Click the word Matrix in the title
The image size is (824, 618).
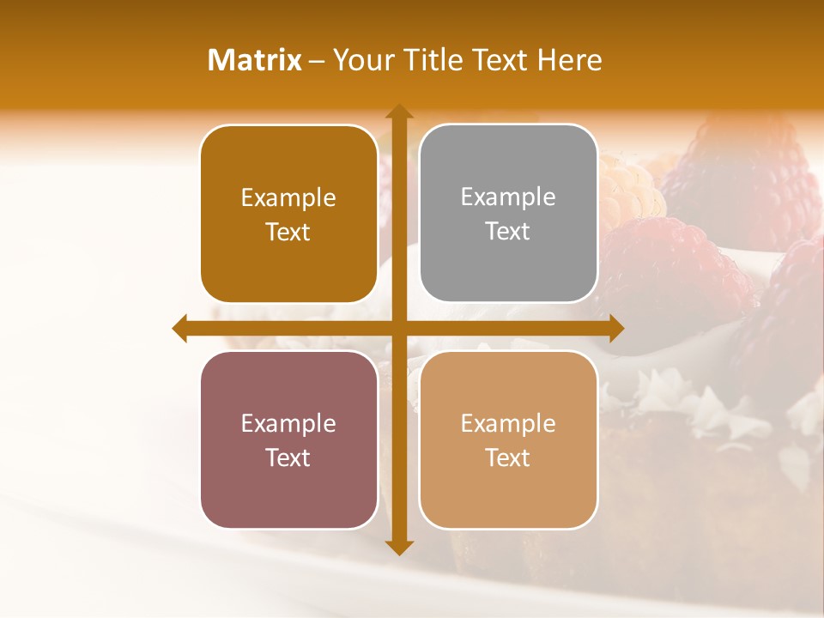tap(255, 60)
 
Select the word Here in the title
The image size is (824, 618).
tap(569, 60)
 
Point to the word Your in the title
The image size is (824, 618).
tap(360, 60)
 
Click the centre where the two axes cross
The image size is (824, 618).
tap(398, 328)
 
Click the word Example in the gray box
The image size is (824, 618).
tap(508, 197)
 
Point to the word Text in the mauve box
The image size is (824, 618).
tap(288, 457)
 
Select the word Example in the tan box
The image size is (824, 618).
tap(508, 423)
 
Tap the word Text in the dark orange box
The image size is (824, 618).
tap(288, 232)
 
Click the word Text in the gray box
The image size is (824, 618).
tap(508, 231)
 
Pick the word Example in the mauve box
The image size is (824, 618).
tap(288, 423)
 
